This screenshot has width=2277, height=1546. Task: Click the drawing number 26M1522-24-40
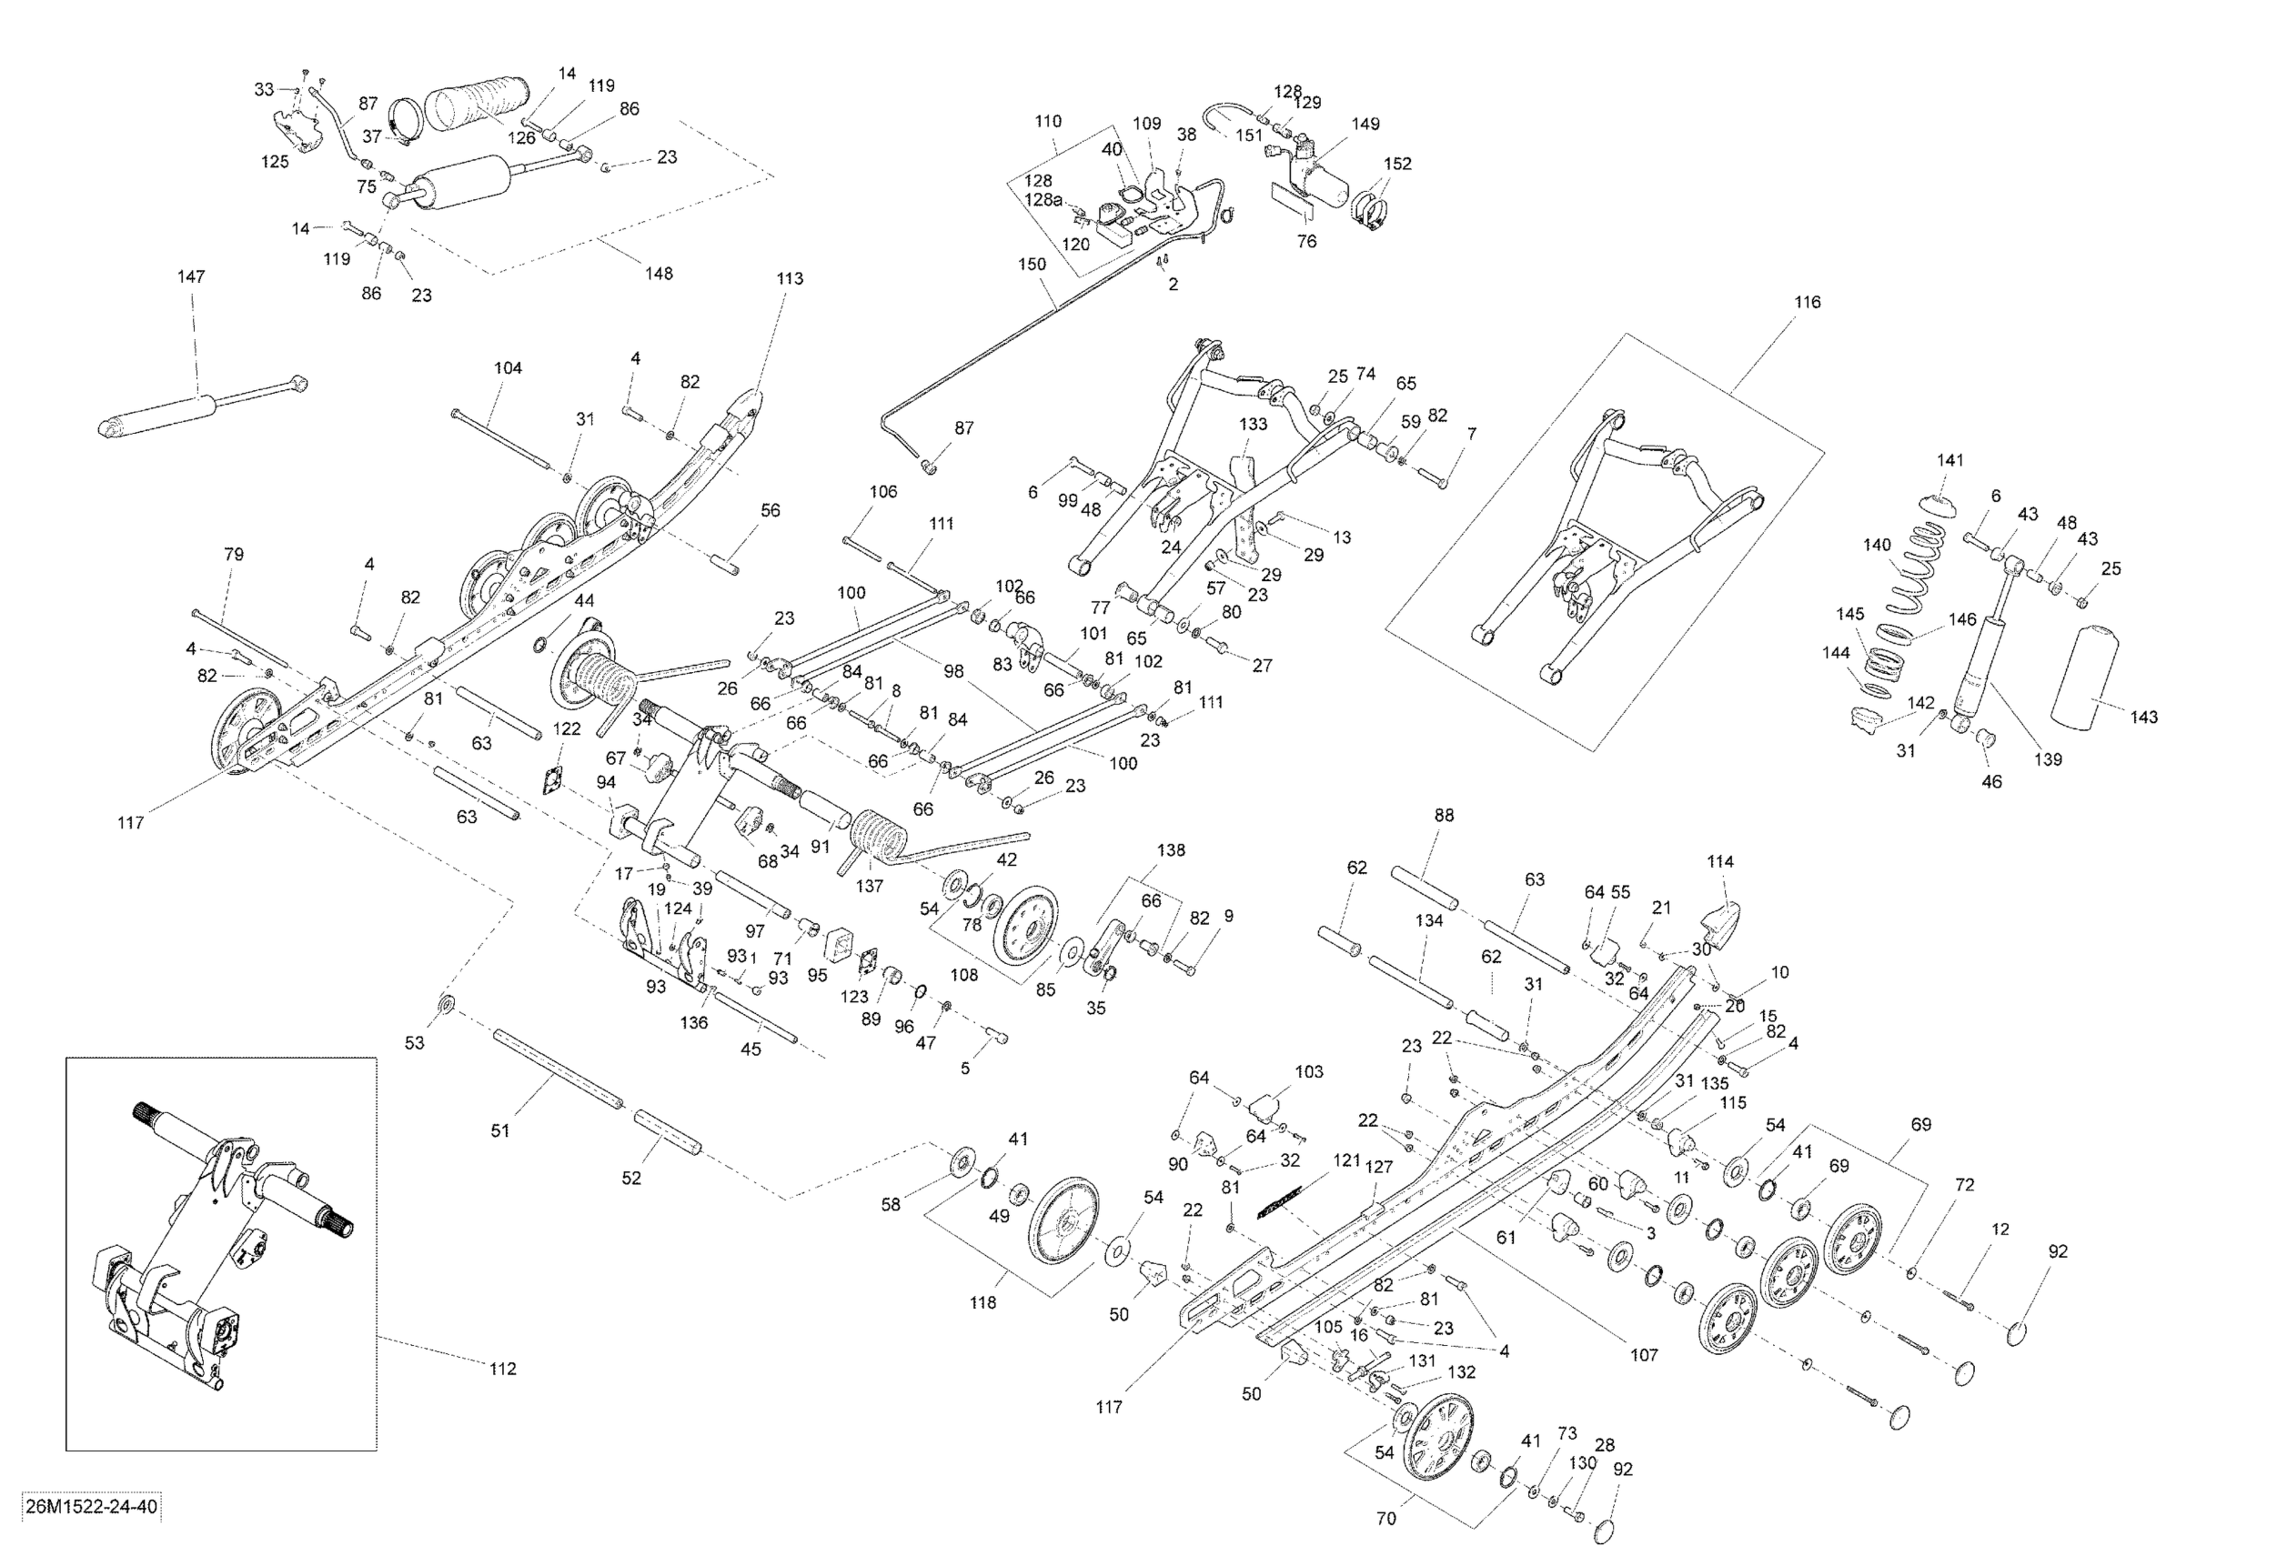(x=90, y=1506)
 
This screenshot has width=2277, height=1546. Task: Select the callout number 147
(x=191, y=276)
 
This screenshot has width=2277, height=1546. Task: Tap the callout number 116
(x=1808, y=302)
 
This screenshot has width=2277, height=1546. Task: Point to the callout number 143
(x=2144, y=717)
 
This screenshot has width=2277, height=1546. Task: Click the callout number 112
(x=503, y=1369)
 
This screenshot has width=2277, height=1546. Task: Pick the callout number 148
(x=659, y=274)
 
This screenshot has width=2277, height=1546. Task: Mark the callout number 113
(x=790, y=278)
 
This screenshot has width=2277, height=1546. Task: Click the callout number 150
(x=1032, y=264)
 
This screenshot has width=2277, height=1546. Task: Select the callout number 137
(x=869, y=886)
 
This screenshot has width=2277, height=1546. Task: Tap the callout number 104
(x=508, y=368)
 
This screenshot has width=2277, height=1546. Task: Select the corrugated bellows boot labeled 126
(x=476, y=105)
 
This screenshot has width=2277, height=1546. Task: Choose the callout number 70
(x=1385, y=1520)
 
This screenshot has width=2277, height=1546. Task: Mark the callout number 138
(x=1171, y=850)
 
